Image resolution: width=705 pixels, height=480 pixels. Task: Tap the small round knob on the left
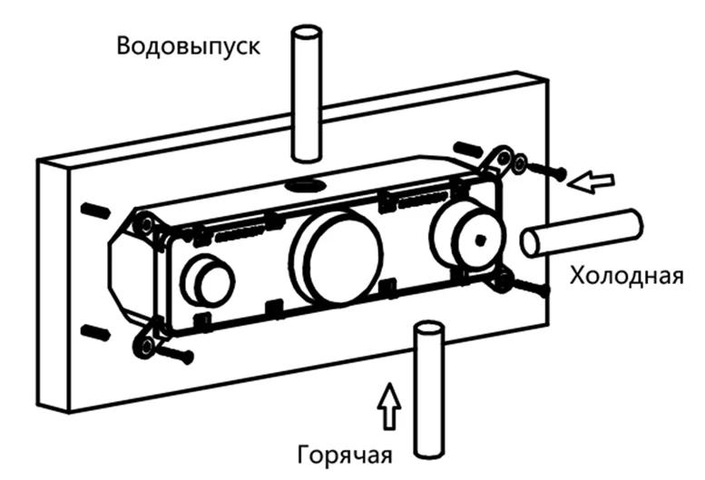(208, 280)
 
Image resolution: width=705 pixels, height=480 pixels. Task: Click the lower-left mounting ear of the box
(145, 344)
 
